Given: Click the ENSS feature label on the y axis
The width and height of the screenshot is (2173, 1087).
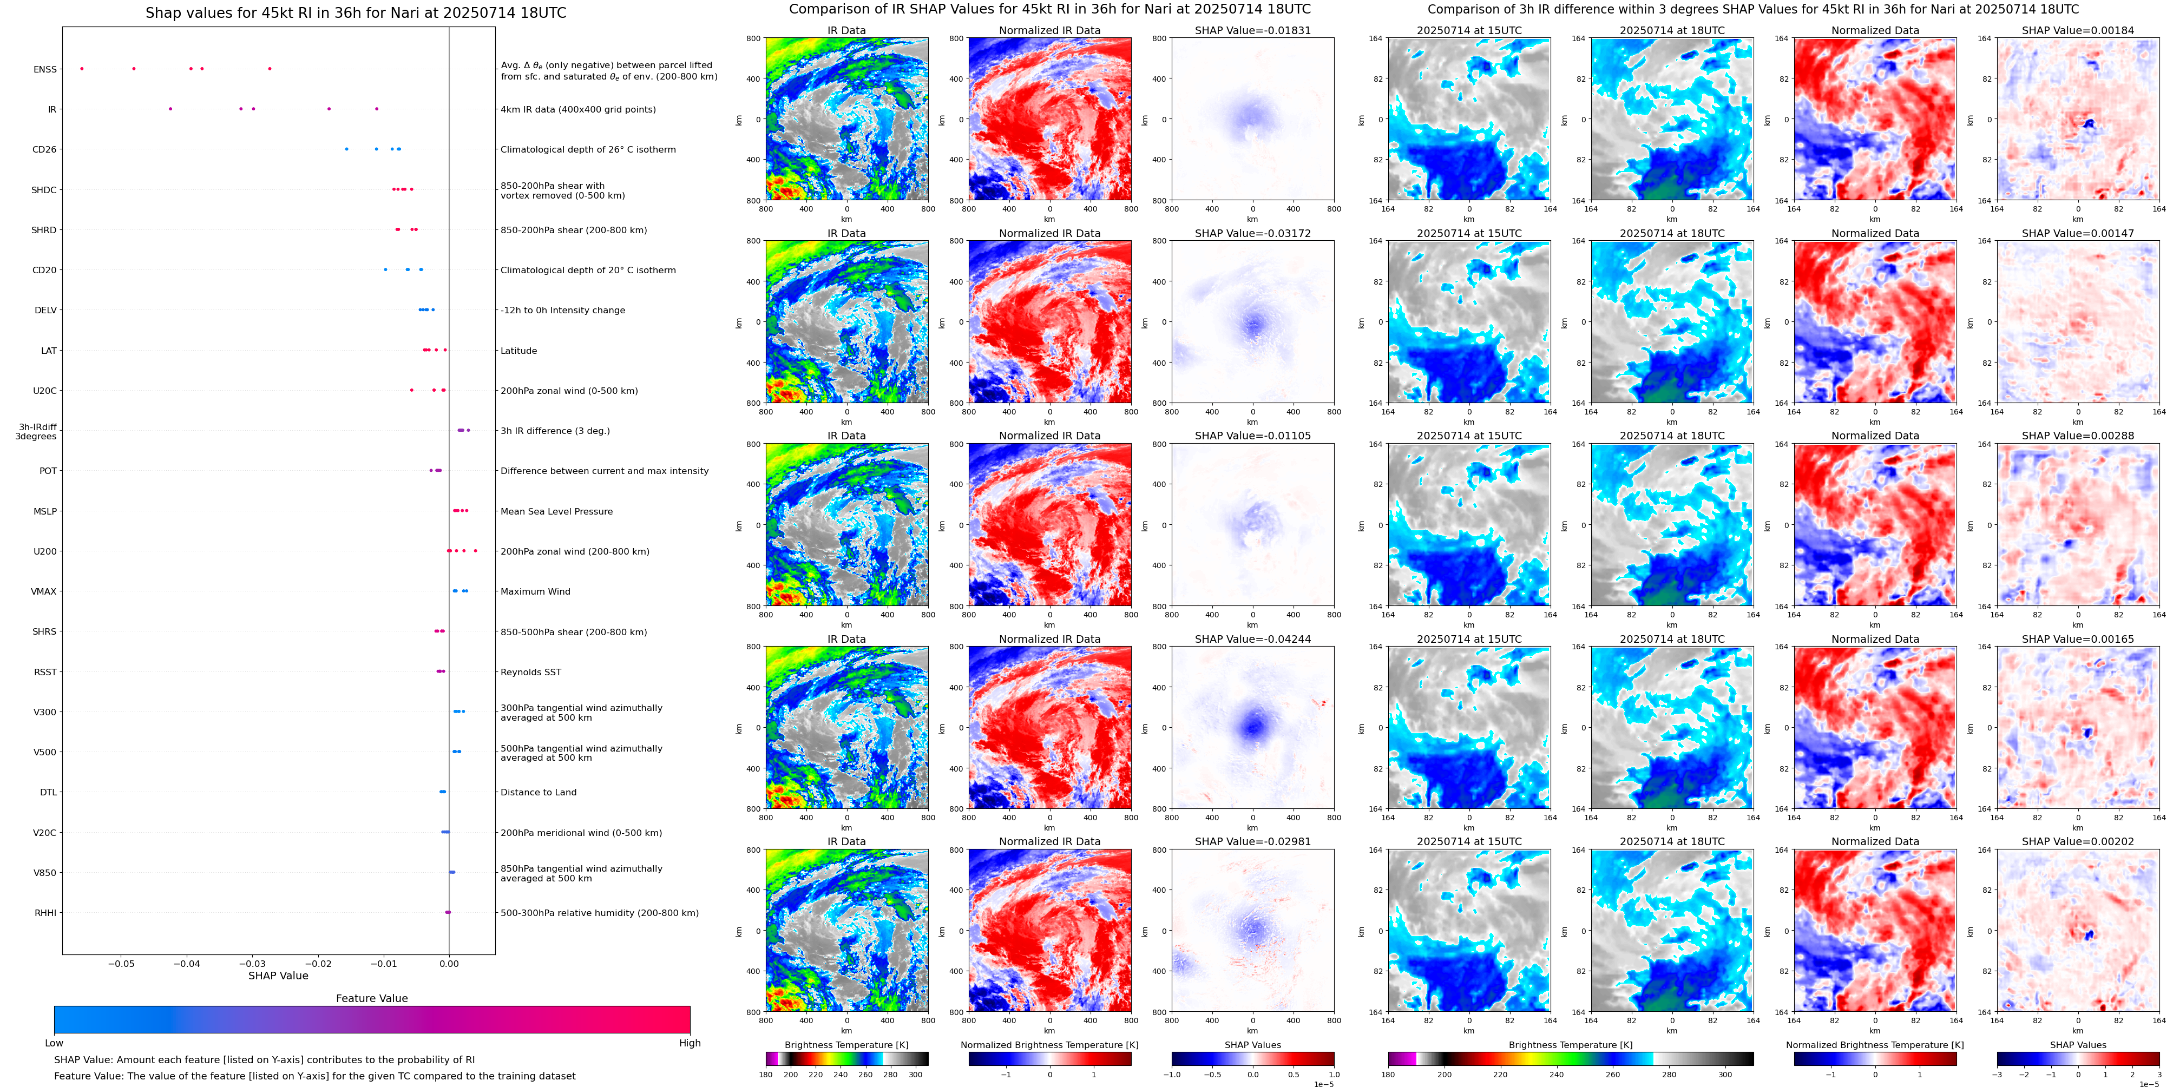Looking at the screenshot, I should pos(45,69).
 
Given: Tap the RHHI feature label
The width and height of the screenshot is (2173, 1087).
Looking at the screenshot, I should pos(45,912).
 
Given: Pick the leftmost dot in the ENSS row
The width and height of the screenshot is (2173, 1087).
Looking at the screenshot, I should pos(82,68).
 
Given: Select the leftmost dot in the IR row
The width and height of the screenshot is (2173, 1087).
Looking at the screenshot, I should pos(170,109).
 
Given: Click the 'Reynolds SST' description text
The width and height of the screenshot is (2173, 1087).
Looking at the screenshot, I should pos(530,672).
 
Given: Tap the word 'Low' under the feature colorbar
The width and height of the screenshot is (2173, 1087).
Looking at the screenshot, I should pos(54,1043).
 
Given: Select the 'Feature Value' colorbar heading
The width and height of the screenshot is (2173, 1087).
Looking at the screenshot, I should pos(371,998).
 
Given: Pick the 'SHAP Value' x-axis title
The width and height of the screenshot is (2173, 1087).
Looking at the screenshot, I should pos(278,976).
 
